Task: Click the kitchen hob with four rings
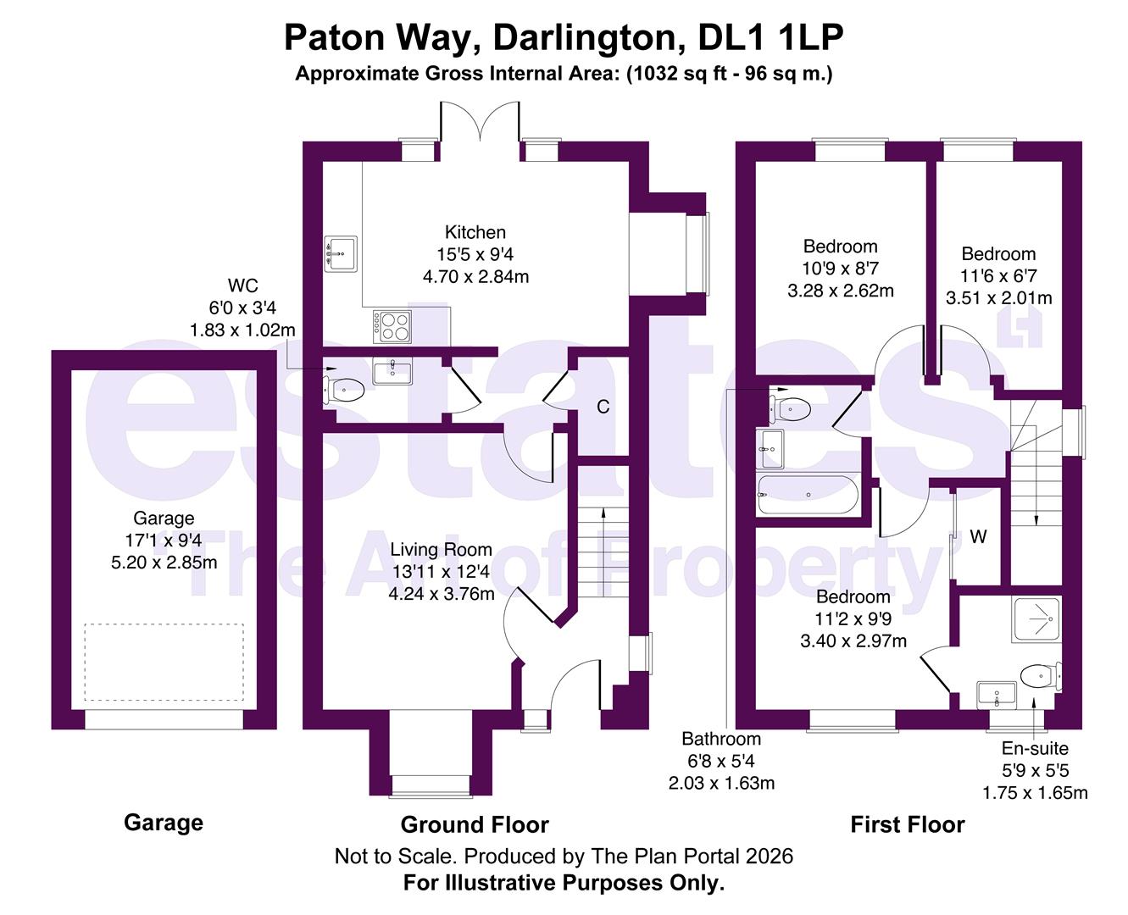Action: (392, 325)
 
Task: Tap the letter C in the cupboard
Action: (603, 408)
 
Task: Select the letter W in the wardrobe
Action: (978, 537)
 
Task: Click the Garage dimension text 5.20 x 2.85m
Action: (164, 563)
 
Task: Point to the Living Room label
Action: (441, 550)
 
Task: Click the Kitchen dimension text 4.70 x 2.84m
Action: (475, 276)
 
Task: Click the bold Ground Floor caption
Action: (475, 824)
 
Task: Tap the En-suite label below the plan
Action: (1035, 748)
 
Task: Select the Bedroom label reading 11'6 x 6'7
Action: (998, 254)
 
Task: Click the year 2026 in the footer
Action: (770, 856)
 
